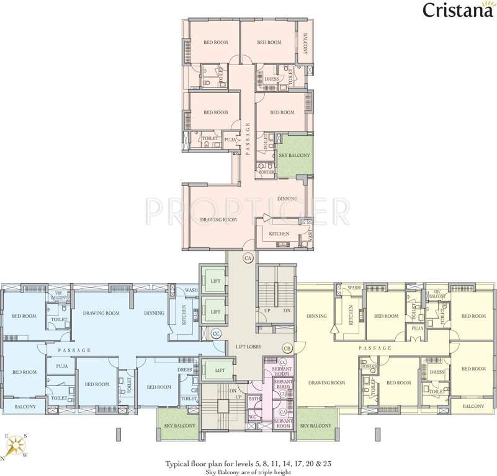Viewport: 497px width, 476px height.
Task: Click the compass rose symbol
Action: coord(16,445)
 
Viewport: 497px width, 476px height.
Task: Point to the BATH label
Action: coord(253,399)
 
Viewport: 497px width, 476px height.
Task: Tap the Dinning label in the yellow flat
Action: coord(316,316)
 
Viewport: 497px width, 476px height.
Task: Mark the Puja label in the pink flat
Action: coord(229,139)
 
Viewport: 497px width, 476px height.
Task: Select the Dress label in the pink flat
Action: coord(272,79)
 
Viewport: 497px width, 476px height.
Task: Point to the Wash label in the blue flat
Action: coord(191,289)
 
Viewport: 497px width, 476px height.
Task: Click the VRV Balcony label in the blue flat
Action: coord(60,295)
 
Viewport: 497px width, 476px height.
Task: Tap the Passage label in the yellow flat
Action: coord(375,348)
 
